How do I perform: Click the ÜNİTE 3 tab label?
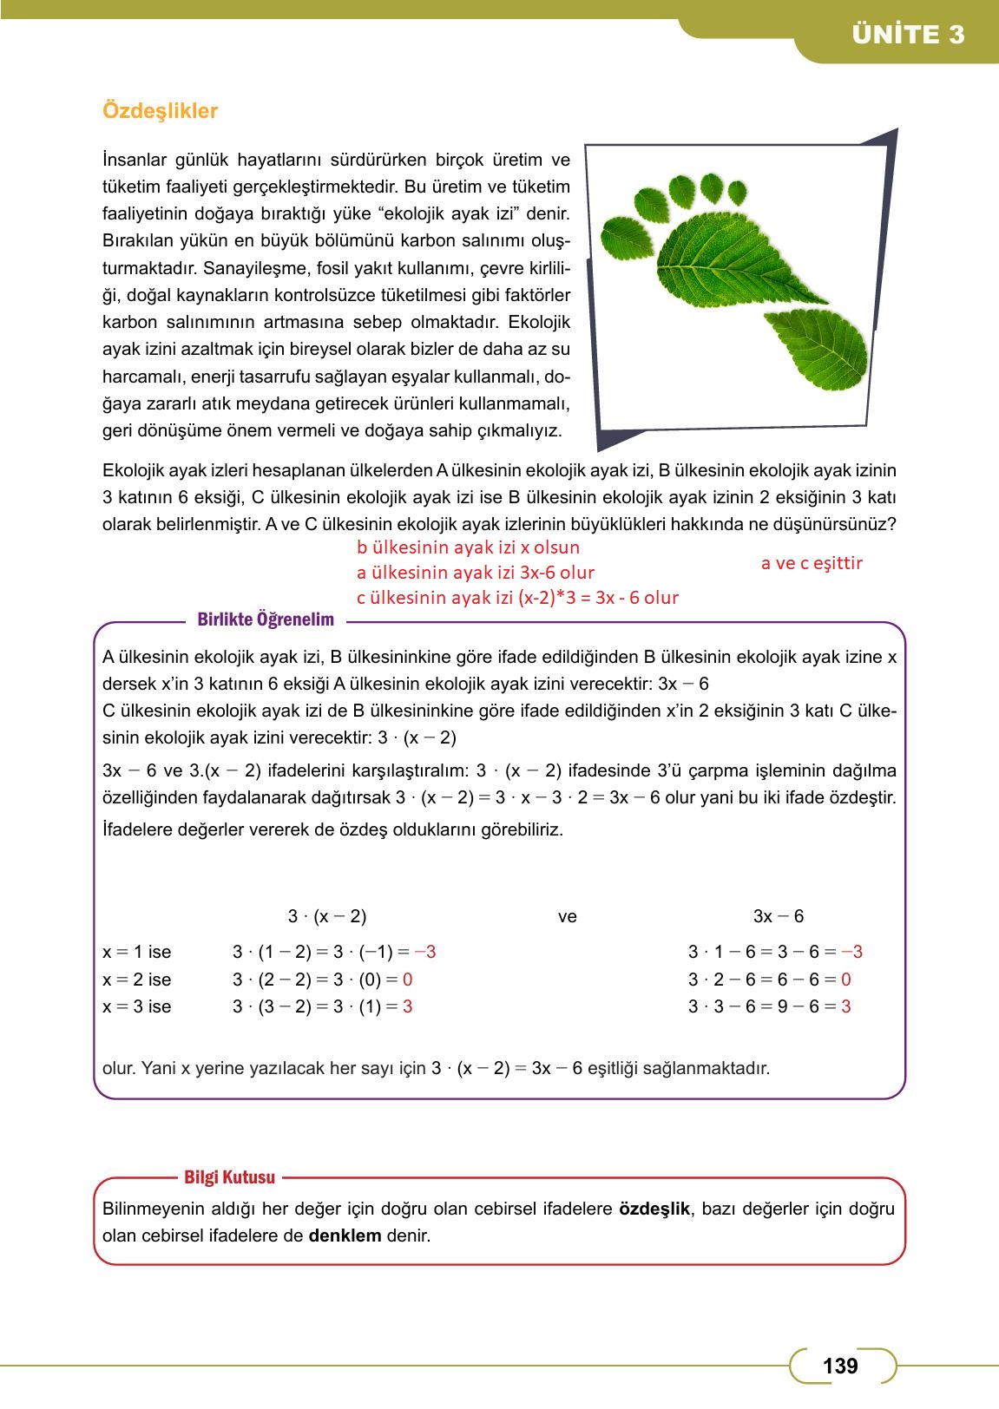[908, 35]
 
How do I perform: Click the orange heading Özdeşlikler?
[160, 111]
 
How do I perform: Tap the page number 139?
[839, 1366]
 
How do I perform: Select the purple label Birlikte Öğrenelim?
[266, 619]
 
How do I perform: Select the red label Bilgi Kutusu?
[229, 1177]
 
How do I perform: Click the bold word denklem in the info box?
[345, 1235]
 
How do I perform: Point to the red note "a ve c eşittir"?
[812, 563]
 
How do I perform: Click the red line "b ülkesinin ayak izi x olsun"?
[468, 547]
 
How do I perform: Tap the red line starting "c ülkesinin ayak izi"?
[517, 598]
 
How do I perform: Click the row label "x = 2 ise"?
[136, 980]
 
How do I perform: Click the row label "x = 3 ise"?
[136, 1006]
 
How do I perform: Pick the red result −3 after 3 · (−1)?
[425, 952]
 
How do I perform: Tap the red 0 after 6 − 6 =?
[845, 980]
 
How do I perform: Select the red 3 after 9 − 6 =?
[845, 1006]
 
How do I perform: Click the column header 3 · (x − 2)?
[326, 916]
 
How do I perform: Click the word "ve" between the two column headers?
[567, 916]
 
